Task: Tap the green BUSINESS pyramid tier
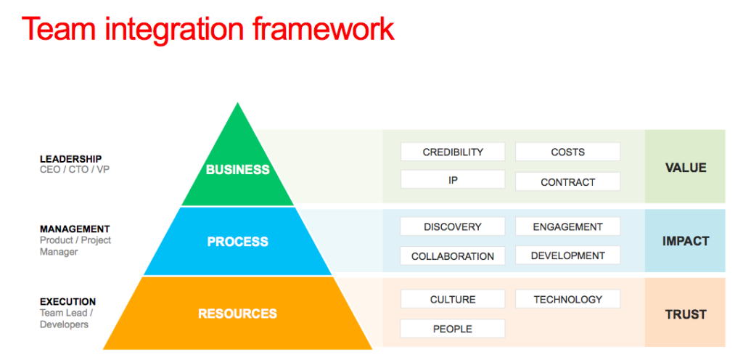237,170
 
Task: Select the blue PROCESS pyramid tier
237,242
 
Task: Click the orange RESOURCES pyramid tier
237,314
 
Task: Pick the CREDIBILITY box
453,152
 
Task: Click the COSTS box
567,152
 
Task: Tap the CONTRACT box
567,181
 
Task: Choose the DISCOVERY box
453,226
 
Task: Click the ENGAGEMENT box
567,226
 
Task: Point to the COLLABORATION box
453,255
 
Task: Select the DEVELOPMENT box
567,255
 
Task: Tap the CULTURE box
453,299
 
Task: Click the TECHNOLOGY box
567,299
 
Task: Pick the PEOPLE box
453,329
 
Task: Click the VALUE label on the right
685,168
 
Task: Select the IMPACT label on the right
685,241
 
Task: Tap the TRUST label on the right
685,314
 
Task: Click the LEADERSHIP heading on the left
70,159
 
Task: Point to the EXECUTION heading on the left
67,301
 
